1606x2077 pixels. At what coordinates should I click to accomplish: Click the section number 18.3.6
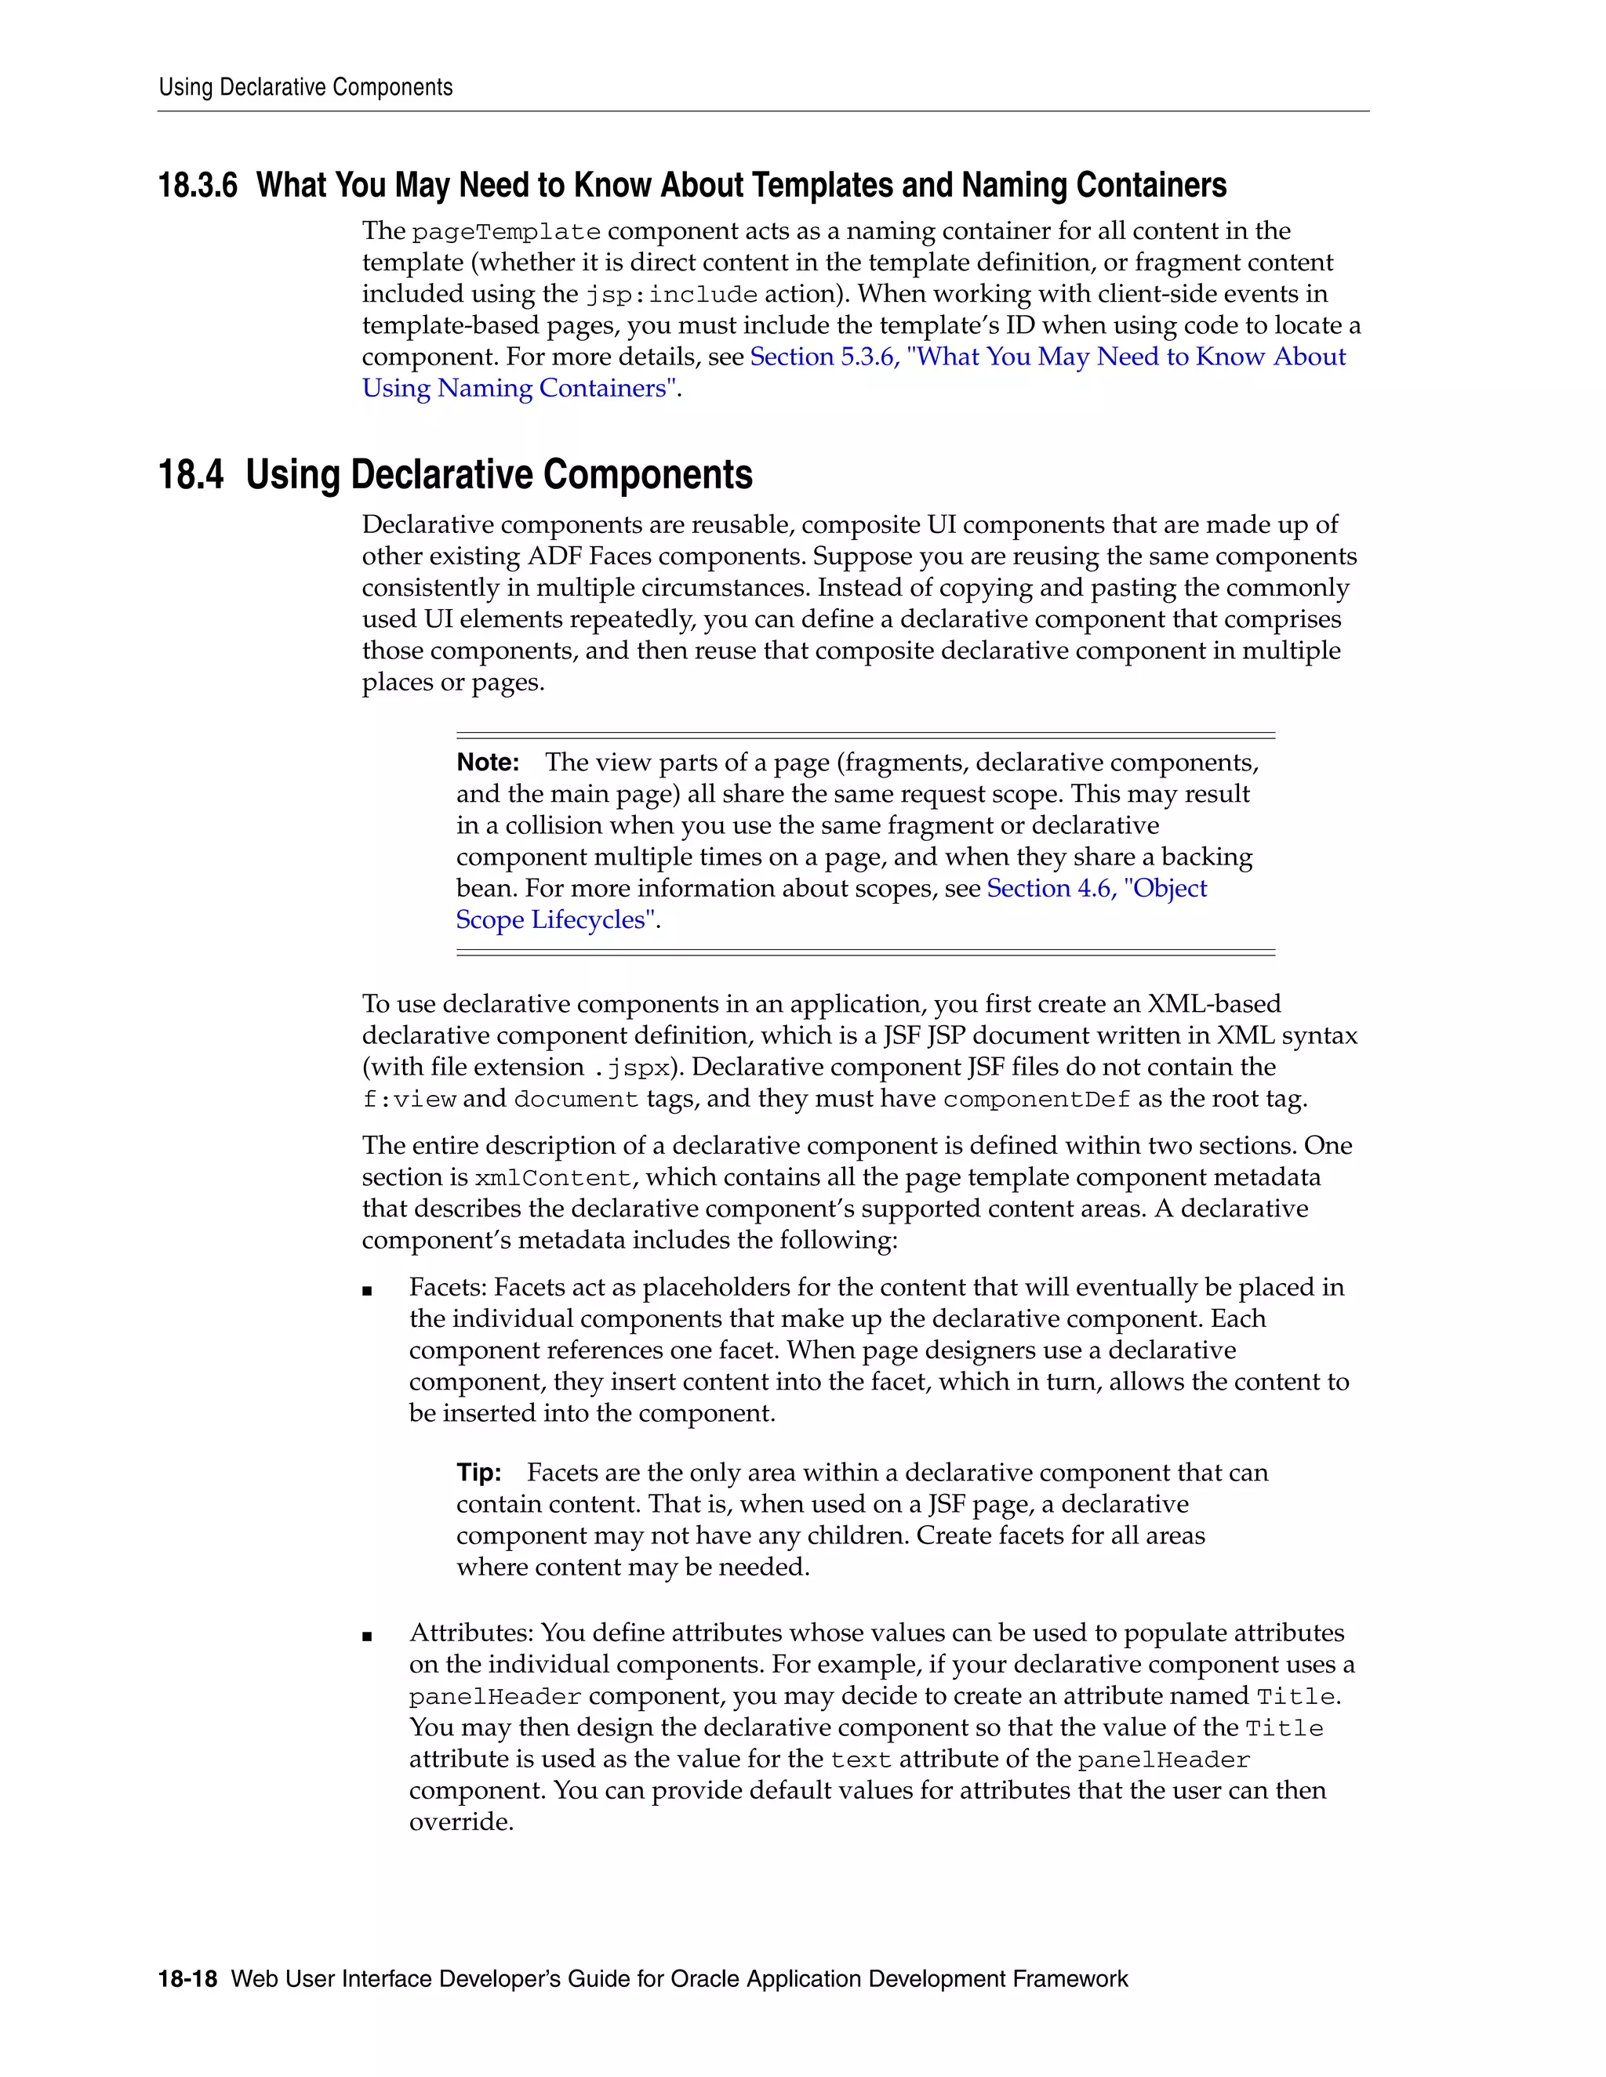[x=197, y=186]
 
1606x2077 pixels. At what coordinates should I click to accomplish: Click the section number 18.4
[x=191, y=474]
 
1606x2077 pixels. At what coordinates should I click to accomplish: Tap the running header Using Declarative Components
[x=305, y=88]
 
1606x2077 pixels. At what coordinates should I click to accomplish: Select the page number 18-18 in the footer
[x=187, y=1979]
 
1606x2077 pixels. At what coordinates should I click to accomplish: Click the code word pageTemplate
[x=506, y=232]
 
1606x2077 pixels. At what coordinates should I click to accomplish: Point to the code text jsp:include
[x=670, y=295]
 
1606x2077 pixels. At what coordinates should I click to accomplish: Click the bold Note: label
[x=487, y=763]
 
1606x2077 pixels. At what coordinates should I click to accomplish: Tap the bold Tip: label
[x=478, y=1473]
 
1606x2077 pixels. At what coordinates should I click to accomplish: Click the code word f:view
[x=409, y=1100]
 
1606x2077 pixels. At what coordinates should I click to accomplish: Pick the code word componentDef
[x=1036, y=1100]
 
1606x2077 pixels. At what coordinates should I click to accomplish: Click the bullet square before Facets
[x=367, y=1292]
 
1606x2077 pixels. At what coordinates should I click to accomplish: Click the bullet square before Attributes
[x=367, y=1637]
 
